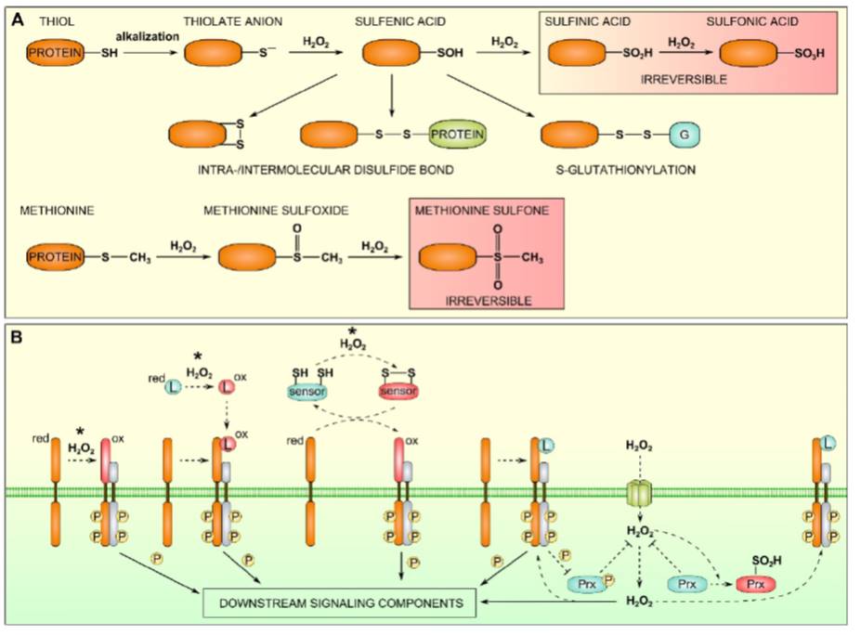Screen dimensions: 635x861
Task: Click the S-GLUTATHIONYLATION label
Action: (x=618, y=170)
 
